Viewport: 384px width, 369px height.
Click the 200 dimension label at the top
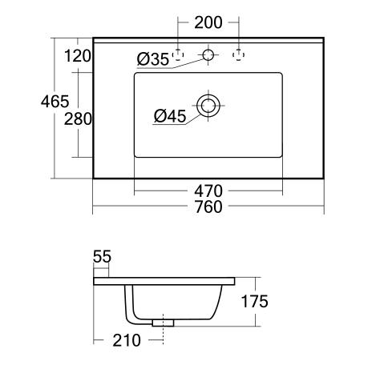point(208,22)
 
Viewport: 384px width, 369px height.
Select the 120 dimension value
point(78,56)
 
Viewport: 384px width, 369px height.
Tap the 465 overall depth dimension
point(55,102)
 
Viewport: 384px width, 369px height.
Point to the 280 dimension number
point(78,119)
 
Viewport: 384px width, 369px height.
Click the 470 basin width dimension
point(208,191)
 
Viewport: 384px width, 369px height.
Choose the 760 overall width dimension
point(208,207)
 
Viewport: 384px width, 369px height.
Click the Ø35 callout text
point(153,59)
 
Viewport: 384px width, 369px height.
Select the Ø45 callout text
point(170,116)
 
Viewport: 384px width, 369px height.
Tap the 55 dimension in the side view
point(102,257)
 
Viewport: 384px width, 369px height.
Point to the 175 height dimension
point(255,302)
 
